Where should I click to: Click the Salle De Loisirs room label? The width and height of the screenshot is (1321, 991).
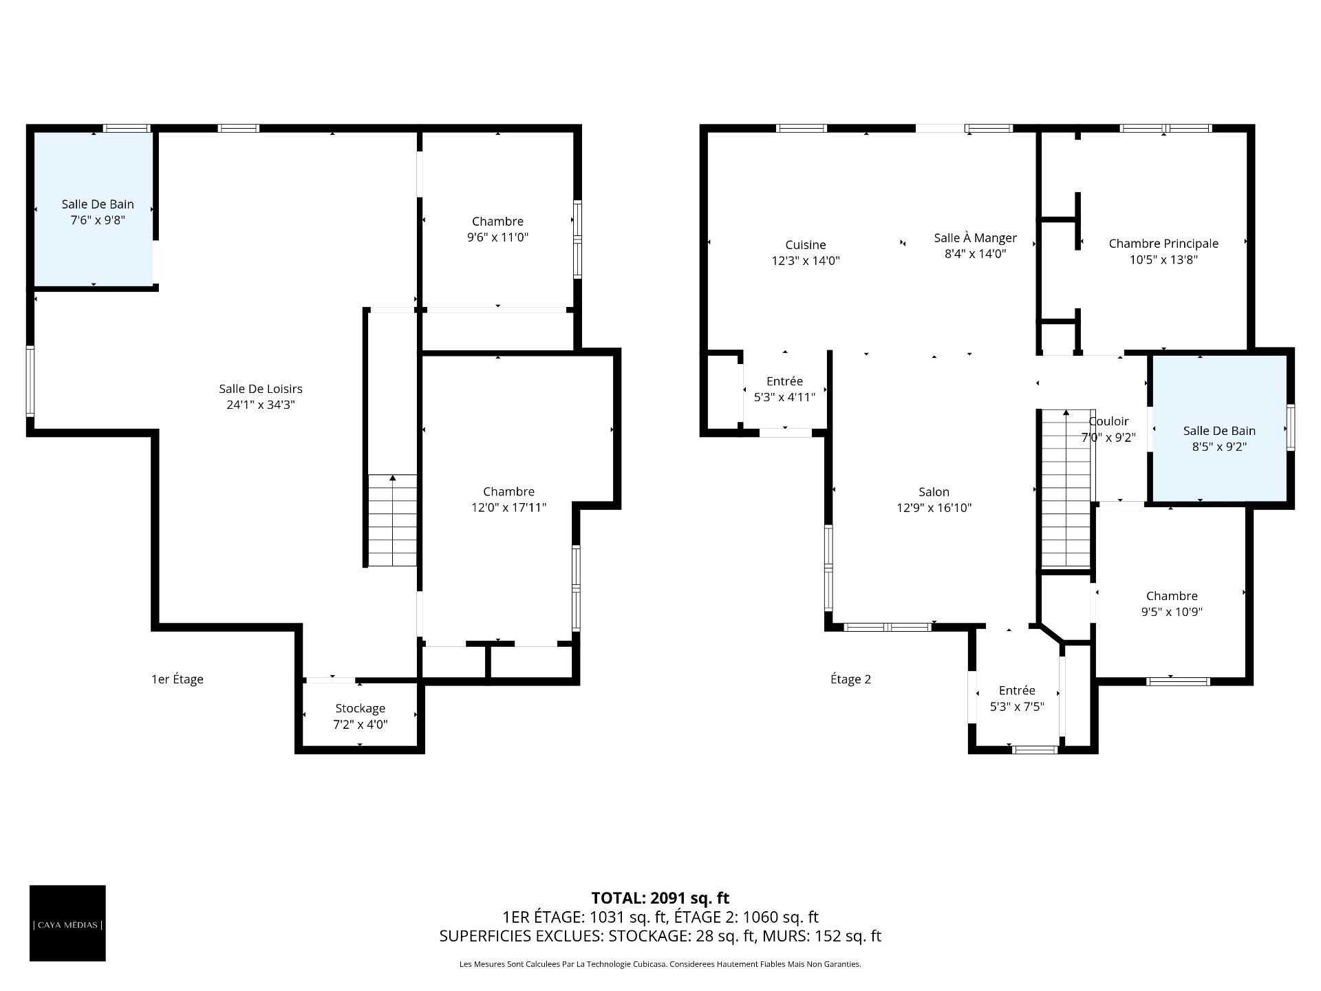pos(261,389)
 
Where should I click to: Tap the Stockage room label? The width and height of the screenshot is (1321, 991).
pos(360,708)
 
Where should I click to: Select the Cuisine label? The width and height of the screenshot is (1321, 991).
pos(806,245)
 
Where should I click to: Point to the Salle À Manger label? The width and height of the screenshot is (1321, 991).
pos(975,237)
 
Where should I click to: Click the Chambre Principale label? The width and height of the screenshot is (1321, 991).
pos(1163,244)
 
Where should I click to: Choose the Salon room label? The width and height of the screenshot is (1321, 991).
pos(934,492)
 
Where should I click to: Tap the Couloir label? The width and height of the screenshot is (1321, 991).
pos(1108,421)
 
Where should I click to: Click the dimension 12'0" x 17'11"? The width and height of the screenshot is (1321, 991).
pos(508,508)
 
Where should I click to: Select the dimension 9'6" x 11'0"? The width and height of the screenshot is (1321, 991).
pos(497,237)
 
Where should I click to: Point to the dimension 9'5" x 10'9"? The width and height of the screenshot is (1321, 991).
pos(1172,612)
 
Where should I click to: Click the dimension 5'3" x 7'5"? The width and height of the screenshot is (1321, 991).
pos(1017,706)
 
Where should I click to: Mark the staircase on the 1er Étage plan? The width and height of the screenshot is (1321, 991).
pos(393,520)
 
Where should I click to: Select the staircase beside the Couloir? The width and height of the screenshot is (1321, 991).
pos(1066,488)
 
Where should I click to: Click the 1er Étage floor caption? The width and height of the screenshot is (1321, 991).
pos(178,679)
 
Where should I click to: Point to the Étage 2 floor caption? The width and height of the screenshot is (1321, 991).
pos(850,679)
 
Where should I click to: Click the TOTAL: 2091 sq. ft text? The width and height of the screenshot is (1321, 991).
pos(660,898)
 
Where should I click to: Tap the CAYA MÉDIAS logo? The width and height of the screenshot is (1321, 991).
pos(67,923)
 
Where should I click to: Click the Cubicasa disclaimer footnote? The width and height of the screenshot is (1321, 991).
pos(660,964)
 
